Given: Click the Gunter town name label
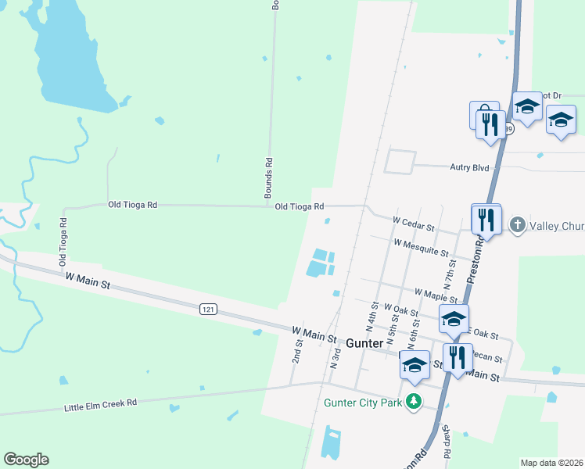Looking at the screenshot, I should point(364,343).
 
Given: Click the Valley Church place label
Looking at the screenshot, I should point(557,227).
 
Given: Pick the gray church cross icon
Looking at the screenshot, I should point(517,226).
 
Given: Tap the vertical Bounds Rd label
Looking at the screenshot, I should point(268,173).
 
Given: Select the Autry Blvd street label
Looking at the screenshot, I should point(468,166).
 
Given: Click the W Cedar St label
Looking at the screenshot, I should point(413,224).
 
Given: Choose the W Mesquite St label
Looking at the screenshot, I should point(421,249).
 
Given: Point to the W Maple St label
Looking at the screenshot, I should point(436,295).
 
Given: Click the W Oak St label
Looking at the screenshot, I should point(401,312).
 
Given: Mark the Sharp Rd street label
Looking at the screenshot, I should point(445,442).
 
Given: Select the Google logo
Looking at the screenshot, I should point(26,460).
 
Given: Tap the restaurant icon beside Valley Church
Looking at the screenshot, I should point(486,220).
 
